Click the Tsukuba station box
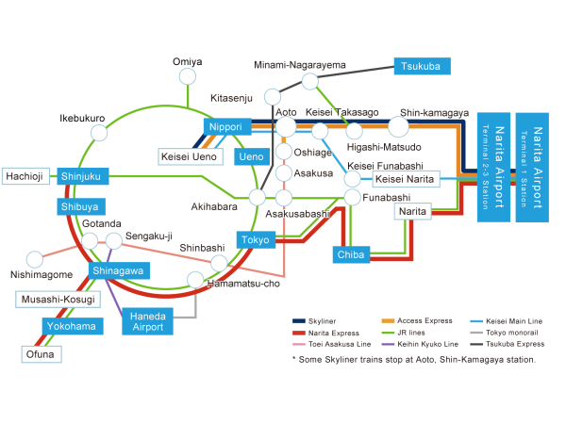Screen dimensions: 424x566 click(x=421, y=66)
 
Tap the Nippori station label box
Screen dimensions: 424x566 click(x=225, y=126)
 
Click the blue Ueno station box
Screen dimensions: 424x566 click(x=251, y=156)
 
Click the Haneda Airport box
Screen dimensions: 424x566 click(x=147, y=321)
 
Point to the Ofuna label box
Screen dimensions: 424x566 click(x=42, y=355)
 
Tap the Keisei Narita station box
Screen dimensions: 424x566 click(x=403, y=179)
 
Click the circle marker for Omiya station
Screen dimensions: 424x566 click(x=187, y=76)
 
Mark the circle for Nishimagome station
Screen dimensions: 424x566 click(x=35, y=258)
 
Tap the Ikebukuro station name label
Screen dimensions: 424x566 click(x=82, y=119)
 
